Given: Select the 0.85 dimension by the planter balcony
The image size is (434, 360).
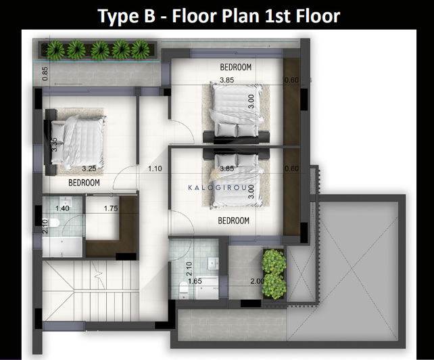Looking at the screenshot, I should pyautogui.click(x=45, y=73).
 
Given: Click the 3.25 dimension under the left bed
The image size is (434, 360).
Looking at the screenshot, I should pyautogui.click(x=89, y=168).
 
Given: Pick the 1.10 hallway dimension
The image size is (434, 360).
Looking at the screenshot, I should pyautogui.click(x=155, y=168).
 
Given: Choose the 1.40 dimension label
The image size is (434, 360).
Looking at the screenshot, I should pyautogui.click(x=63, y=209).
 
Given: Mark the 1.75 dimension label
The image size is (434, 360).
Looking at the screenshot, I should pyautogui.click(x=112, y=209).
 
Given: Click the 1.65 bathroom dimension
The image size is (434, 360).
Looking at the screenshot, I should pyautogui.click(x=195, y=281).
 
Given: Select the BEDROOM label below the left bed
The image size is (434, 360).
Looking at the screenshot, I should pyautogui.click(x=84, y=183).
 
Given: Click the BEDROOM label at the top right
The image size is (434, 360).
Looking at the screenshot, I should pyautogui.click(x=236, y=67).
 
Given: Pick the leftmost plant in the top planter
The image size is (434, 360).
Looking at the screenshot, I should pyautogui.click(x=55, y=49).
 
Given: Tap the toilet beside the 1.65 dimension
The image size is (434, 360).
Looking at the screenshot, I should pyautogui.click(x=184, y=290).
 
